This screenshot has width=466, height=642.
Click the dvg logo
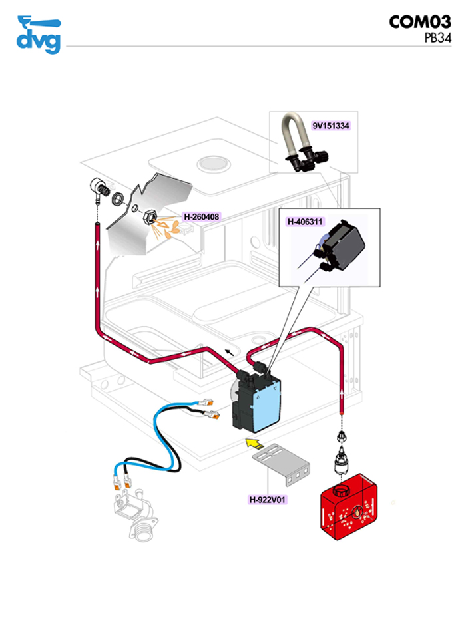38,34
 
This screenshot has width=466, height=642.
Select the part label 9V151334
331,125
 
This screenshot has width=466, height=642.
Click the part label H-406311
306,221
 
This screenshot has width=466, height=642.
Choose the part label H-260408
202,216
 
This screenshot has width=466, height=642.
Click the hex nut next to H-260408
150,216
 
